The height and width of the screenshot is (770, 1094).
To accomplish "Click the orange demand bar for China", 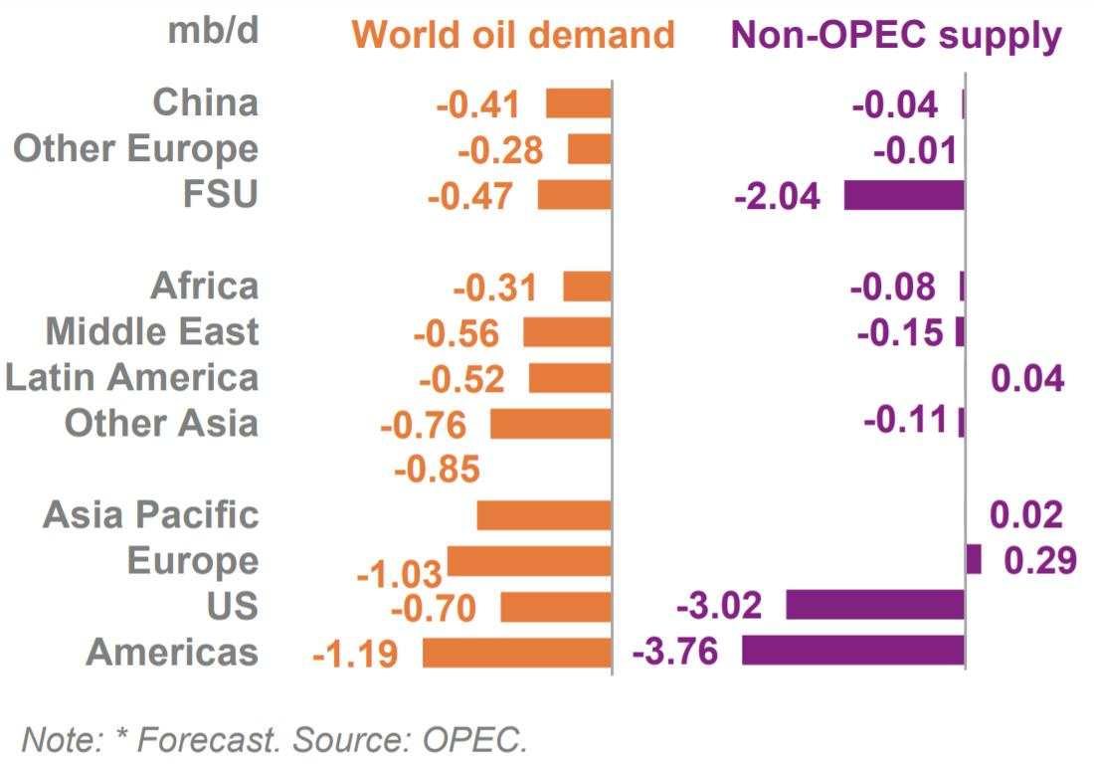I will pyautogui.click(x=579, y=103).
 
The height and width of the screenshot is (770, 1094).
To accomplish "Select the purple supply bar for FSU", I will pyautogui.click(x=904, y=195).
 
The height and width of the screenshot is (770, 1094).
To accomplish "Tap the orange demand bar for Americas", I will pyautogui.click(x=516, y=653).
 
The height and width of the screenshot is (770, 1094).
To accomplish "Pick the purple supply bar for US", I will pyautogui.click(x=875, y=605).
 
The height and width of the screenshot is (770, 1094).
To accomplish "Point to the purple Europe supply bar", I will pyautogui.click(x=974, y=559).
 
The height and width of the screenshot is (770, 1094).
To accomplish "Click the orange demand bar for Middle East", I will pyautogui.click(x=567, y=332).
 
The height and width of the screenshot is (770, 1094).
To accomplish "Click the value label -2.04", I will pyautogui.click(x=777, y=196).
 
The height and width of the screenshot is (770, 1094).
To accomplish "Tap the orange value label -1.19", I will pyautogui.click(x=355, y=655).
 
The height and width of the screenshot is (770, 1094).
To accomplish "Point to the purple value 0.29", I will pyautogui.click(x=1040, y=560).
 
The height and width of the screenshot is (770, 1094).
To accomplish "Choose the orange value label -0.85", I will pyautogui.click(x=438, y=469).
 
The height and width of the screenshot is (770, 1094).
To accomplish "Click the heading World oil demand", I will pyautogui.click(x=513, y=36).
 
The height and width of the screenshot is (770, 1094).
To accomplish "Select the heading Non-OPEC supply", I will pyautogui.click(x=896, y=36).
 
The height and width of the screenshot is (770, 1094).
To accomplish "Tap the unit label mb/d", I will pyautogui.click(x=212, y=31).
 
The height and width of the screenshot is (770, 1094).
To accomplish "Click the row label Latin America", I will pyautogui.click(x=131, y=378).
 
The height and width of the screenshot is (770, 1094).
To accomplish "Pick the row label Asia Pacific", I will pyautogui.click(x=150, y=514).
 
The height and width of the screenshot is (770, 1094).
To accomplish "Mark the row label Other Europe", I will pyautogui.click(x=135, y=149).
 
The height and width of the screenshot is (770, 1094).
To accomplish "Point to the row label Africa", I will pyautogui.click(x=204, y=287).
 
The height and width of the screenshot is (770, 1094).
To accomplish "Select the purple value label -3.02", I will pyautogui.click(x=719, y=605).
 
